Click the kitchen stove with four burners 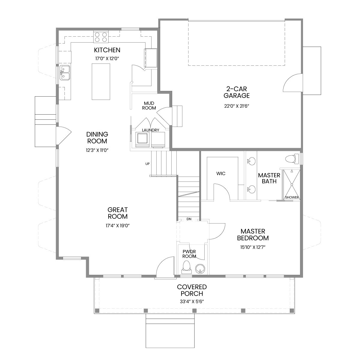click(x=101, y=37)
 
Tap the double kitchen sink click(x=64, y=73)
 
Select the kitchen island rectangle click(x=101, y=82)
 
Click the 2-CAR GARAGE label click(x=236, y=92)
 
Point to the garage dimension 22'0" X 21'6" click(x=237, y=106)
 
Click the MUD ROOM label click(x=149, y=106)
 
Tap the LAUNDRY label click(x=150, y=130)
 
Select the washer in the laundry click(x=142, y=140)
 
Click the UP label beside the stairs click(x=147, y=164)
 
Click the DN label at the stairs click(x=189, y=219)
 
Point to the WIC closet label click(x=221, y=174)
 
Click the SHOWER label click(x=292, y=197)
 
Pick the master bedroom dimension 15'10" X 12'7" click(x=253, y=247)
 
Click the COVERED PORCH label click(x=192, y=290)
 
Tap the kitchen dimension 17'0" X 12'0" click(x=107, y=59)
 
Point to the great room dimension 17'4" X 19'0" click(x=118, y=226)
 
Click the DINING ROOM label click(x=97, y=137)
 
